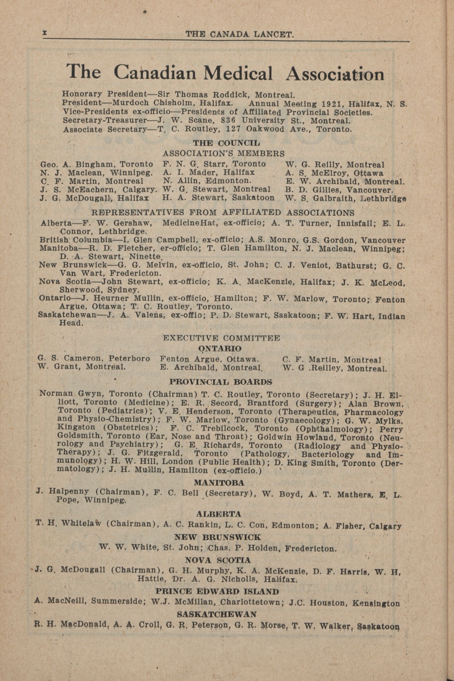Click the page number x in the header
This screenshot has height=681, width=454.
pyautogui.click(x=45, y=34)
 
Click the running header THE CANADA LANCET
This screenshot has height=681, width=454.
pyautogui.click(x=240, y=35)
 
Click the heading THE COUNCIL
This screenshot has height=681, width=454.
pyautogui.click(x=227, y=143)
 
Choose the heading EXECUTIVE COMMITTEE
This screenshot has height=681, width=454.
pyautogui.click(x=221, y=338)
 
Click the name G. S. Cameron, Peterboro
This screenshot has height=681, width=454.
pyautogui.click(x=94, y=358)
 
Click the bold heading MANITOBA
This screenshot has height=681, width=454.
pyautogui.click(x=219, y=483)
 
